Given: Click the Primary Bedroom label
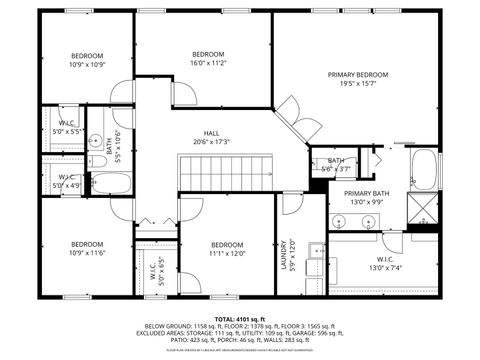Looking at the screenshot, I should (358, 75).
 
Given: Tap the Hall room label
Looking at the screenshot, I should (212, 132).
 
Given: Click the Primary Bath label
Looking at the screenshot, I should (367, 193).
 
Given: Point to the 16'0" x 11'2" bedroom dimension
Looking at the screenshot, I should (208, 62).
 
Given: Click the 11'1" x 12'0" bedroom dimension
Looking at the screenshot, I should (228, 253).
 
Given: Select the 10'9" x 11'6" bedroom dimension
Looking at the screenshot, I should (87, 253).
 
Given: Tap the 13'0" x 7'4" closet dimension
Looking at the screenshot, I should (384, 267).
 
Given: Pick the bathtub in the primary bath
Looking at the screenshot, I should (424, 170).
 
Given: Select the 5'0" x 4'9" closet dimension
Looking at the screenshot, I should (68, 185).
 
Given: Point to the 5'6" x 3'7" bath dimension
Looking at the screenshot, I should (335, 169).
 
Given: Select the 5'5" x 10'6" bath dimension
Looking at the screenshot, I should (119, 147).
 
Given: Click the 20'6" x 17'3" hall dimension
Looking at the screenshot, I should (212, 141).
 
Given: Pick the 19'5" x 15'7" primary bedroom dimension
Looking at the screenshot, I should (358, 84).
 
